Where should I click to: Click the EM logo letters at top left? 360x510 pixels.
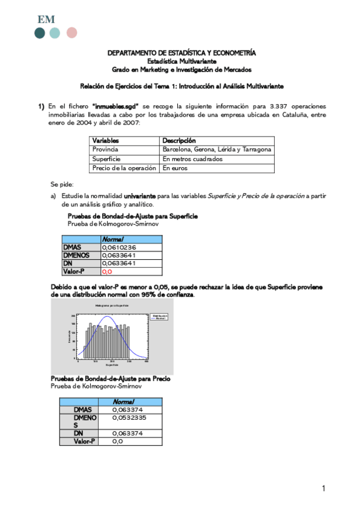pos(46,19)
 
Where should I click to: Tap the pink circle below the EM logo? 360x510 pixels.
pos(72,32)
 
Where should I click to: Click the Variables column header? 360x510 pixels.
pos(105,140)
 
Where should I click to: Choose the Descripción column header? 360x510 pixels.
pos(179,140)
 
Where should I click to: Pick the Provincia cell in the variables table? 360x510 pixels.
pos(105,149)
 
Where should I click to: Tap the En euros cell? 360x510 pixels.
pos(175,168)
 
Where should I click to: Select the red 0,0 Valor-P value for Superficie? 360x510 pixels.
pos(108,271)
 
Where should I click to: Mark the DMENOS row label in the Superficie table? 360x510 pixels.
pos(77,254)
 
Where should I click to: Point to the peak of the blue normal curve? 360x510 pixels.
pos(108,317)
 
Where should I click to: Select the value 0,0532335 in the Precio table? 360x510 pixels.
pos(129,417)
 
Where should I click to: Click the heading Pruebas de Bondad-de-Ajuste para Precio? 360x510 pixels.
pos(110,379)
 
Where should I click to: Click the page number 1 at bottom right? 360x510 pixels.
pos(324,488)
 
